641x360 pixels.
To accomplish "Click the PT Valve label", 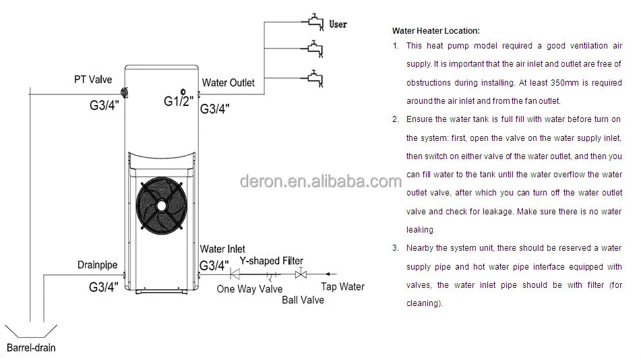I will (x=93, y=80).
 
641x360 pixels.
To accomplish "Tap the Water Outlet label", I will (x=228, y=82).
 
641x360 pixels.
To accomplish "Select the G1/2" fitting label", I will (x=179, y=101).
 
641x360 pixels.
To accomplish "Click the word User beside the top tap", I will (x=338, y=24).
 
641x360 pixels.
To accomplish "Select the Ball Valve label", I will (x=303, y=299).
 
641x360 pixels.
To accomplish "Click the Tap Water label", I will (x=342, y=287).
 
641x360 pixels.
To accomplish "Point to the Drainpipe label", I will (x=97, y=266).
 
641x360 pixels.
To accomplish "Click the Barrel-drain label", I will (x=31, y=348).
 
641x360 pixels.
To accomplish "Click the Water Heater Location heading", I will (x=435, y=31).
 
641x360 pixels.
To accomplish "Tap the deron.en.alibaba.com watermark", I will (x=320, y=181).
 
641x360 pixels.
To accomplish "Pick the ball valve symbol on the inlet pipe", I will (x=301, y=274).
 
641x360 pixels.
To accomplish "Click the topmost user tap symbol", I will (x=315, y=24).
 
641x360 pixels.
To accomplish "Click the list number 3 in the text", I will (x=395, y=248).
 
